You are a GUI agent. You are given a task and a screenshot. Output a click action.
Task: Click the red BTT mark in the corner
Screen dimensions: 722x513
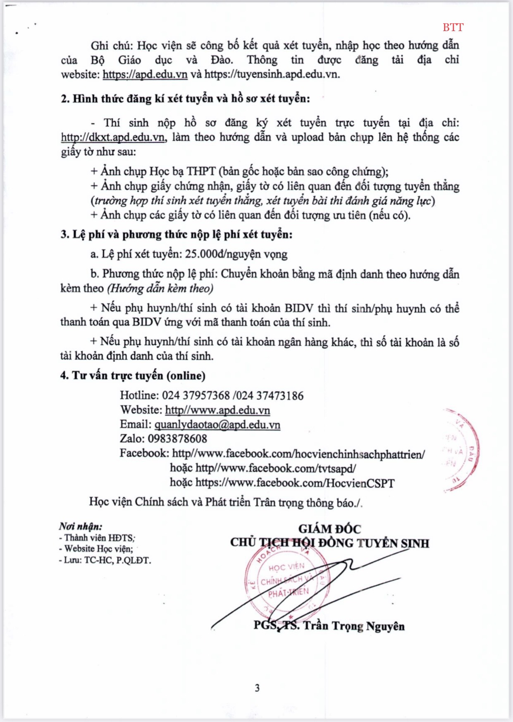(453, 27)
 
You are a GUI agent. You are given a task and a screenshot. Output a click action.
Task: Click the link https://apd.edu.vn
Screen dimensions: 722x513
(145, 75)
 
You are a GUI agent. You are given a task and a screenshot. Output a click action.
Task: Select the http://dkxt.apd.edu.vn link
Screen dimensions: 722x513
(113, 137)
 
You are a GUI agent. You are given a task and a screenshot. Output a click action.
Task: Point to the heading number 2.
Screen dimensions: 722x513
(65, 99)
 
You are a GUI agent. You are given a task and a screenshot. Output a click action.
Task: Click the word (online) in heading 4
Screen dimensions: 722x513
(186, 375)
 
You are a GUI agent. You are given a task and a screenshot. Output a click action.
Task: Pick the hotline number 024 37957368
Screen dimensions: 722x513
(196, 395)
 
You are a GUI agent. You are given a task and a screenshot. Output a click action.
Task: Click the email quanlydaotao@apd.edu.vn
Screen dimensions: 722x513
(217, 425)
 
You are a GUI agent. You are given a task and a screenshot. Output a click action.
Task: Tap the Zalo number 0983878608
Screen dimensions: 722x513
(177, 439)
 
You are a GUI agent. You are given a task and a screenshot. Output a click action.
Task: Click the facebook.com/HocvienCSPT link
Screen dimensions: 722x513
(295, 483)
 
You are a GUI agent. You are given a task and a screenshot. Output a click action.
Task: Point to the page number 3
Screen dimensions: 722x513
(257, 688)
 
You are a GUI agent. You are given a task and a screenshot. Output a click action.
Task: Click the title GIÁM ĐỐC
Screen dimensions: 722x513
(329, 529)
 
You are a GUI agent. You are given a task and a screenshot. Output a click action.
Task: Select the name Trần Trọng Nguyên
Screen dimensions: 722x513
(354, 626)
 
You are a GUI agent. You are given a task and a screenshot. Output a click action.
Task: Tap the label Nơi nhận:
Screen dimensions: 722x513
(81, 527)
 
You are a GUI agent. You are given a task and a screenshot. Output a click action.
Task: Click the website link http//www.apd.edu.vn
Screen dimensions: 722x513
(217, 410)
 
